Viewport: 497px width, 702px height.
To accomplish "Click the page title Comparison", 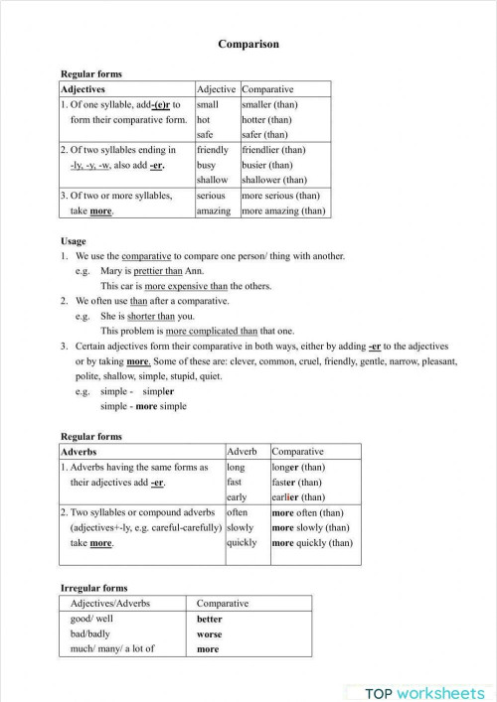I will click(x=248, y=45).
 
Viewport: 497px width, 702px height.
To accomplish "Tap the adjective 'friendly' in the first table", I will click(x=213, y=150).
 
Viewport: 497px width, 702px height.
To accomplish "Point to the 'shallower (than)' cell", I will click(x=274, y=180).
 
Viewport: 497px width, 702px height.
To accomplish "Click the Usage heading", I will click(x=74, y=241).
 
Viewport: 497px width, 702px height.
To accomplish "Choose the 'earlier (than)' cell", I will click(x=298, y=496).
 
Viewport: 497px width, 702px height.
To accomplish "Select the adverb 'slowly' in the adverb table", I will click(x=241, y=527).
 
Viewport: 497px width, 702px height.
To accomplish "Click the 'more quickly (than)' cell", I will click(x=311, y=542).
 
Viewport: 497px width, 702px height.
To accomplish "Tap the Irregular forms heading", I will click(x=94, y=588).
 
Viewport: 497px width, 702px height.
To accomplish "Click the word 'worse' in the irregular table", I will click(x=210, y=633).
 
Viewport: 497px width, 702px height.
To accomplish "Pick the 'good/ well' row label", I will click(x=92, y=618).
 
